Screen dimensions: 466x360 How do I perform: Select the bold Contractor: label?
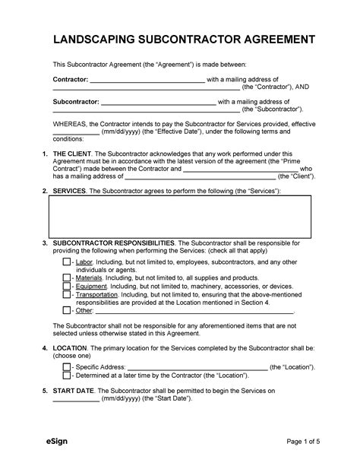[70, 79]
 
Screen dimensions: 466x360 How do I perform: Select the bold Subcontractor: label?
[75, 101]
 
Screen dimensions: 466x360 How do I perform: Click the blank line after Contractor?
[147, 80]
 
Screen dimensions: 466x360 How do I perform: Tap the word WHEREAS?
[70, 122]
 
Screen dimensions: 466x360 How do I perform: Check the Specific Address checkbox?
[67, 366]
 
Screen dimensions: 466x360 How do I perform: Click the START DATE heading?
[75, 392]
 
